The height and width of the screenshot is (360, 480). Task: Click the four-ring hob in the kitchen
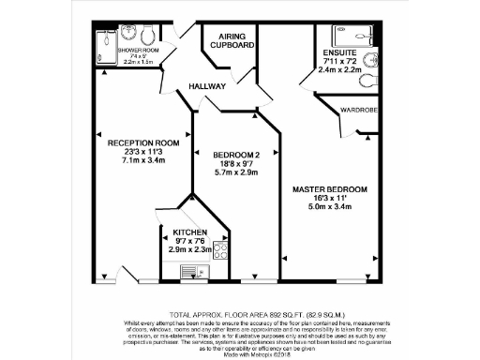(222, 250)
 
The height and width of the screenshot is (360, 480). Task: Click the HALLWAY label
(208, 86)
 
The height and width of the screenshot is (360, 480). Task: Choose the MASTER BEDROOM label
(329, 189)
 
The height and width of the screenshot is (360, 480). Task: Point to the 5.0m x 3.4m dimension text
(329, 206)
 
